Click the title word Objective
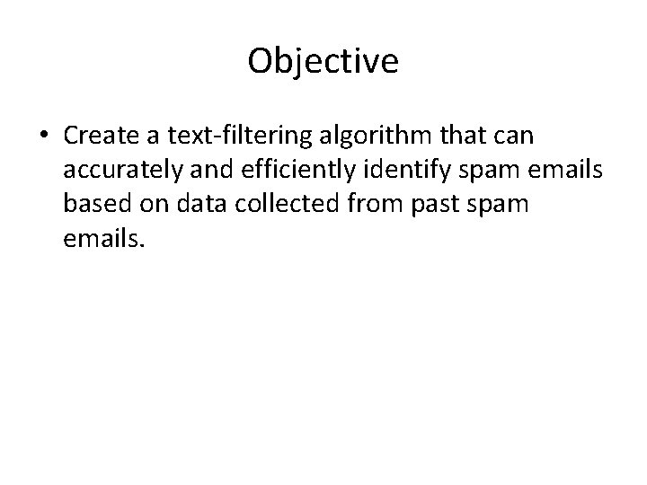[323, 61]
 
